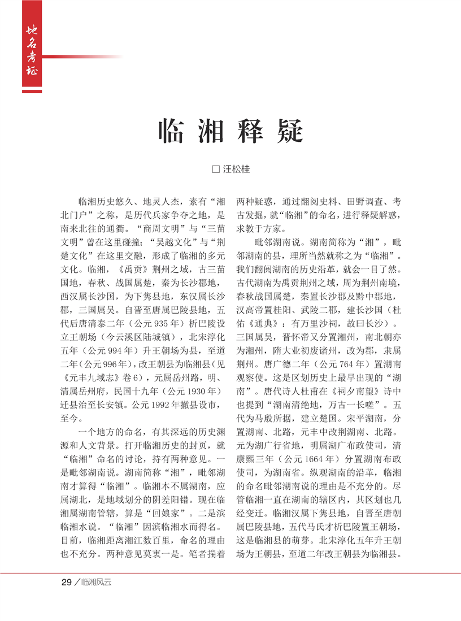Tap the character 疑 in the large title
(289, 131)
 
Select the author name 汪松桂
(236, 168)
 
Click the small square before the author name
(214, 168)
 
